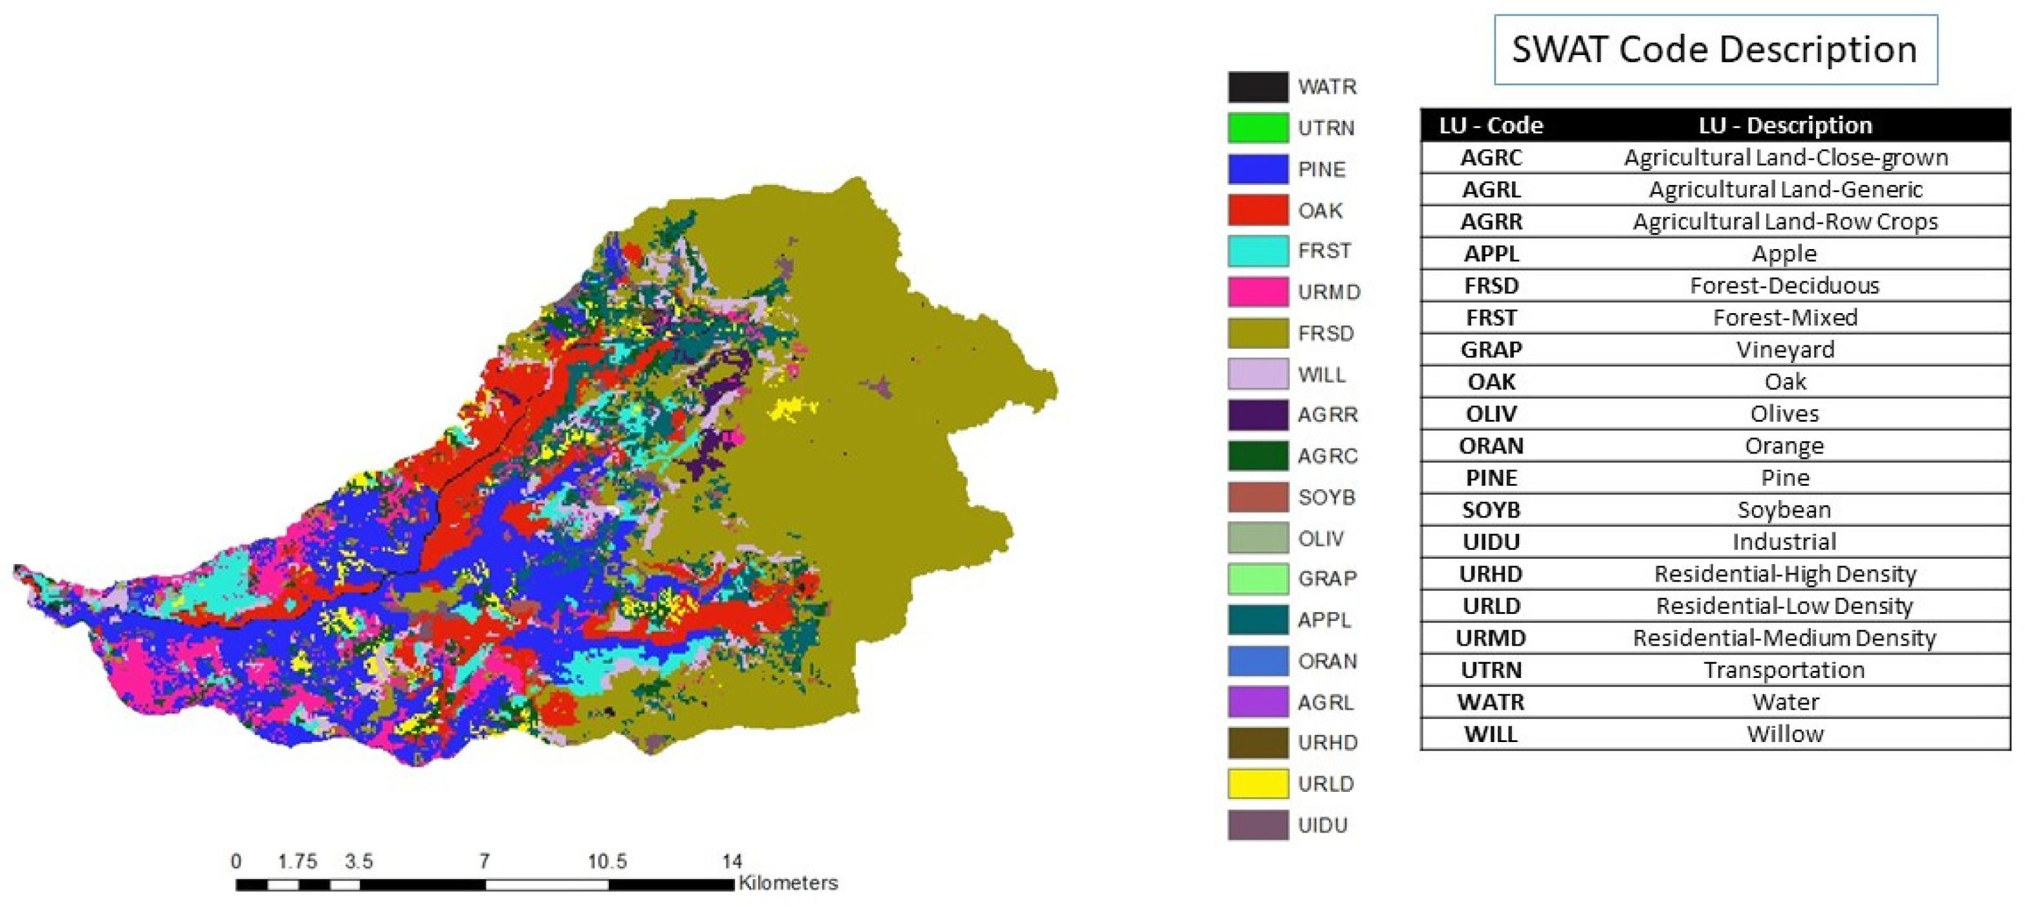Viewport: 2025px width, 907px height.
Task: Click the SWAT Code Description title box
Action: click(1714, 50)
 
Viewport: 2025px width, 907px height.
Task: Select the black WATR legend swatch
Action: click(1257, 87)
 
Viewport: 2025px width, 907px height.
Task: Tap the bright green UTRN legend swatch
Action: click(1257, 127)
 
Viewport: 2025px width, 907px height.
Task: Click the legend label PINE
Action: click(1322, 169)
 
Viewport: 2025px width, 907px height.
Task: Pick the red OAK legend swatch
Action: click(1257, 210)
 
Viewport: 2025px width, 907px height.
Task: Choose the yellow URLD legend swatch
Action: click(1257, 783)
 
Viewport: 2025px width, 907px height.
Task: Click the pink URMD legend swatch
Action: click(1257, 292)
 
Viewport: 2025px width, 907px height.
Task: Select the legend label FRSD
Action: click(1326, 333)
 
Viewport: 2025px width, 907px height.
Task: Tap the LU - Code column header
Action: click(1491, 125)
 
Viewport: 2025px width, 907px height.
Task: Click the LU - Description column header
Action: click(1784, 125)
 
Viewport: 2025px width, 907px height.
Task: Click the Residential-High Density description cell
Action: click(1784, 574)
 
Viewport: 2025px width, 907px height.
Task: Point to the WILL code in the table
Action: click(1491, 734)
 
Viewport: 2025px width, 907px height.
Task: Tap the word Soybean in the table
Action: click(1784, 509)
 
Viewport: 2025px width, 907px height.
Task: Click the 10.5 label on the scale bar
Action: click(607, 862)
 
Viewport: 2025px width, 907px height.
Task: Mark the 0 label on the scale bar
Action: click(236, 862)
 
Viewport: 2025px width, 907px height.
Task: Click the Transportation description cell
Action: click(1784, 670)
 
